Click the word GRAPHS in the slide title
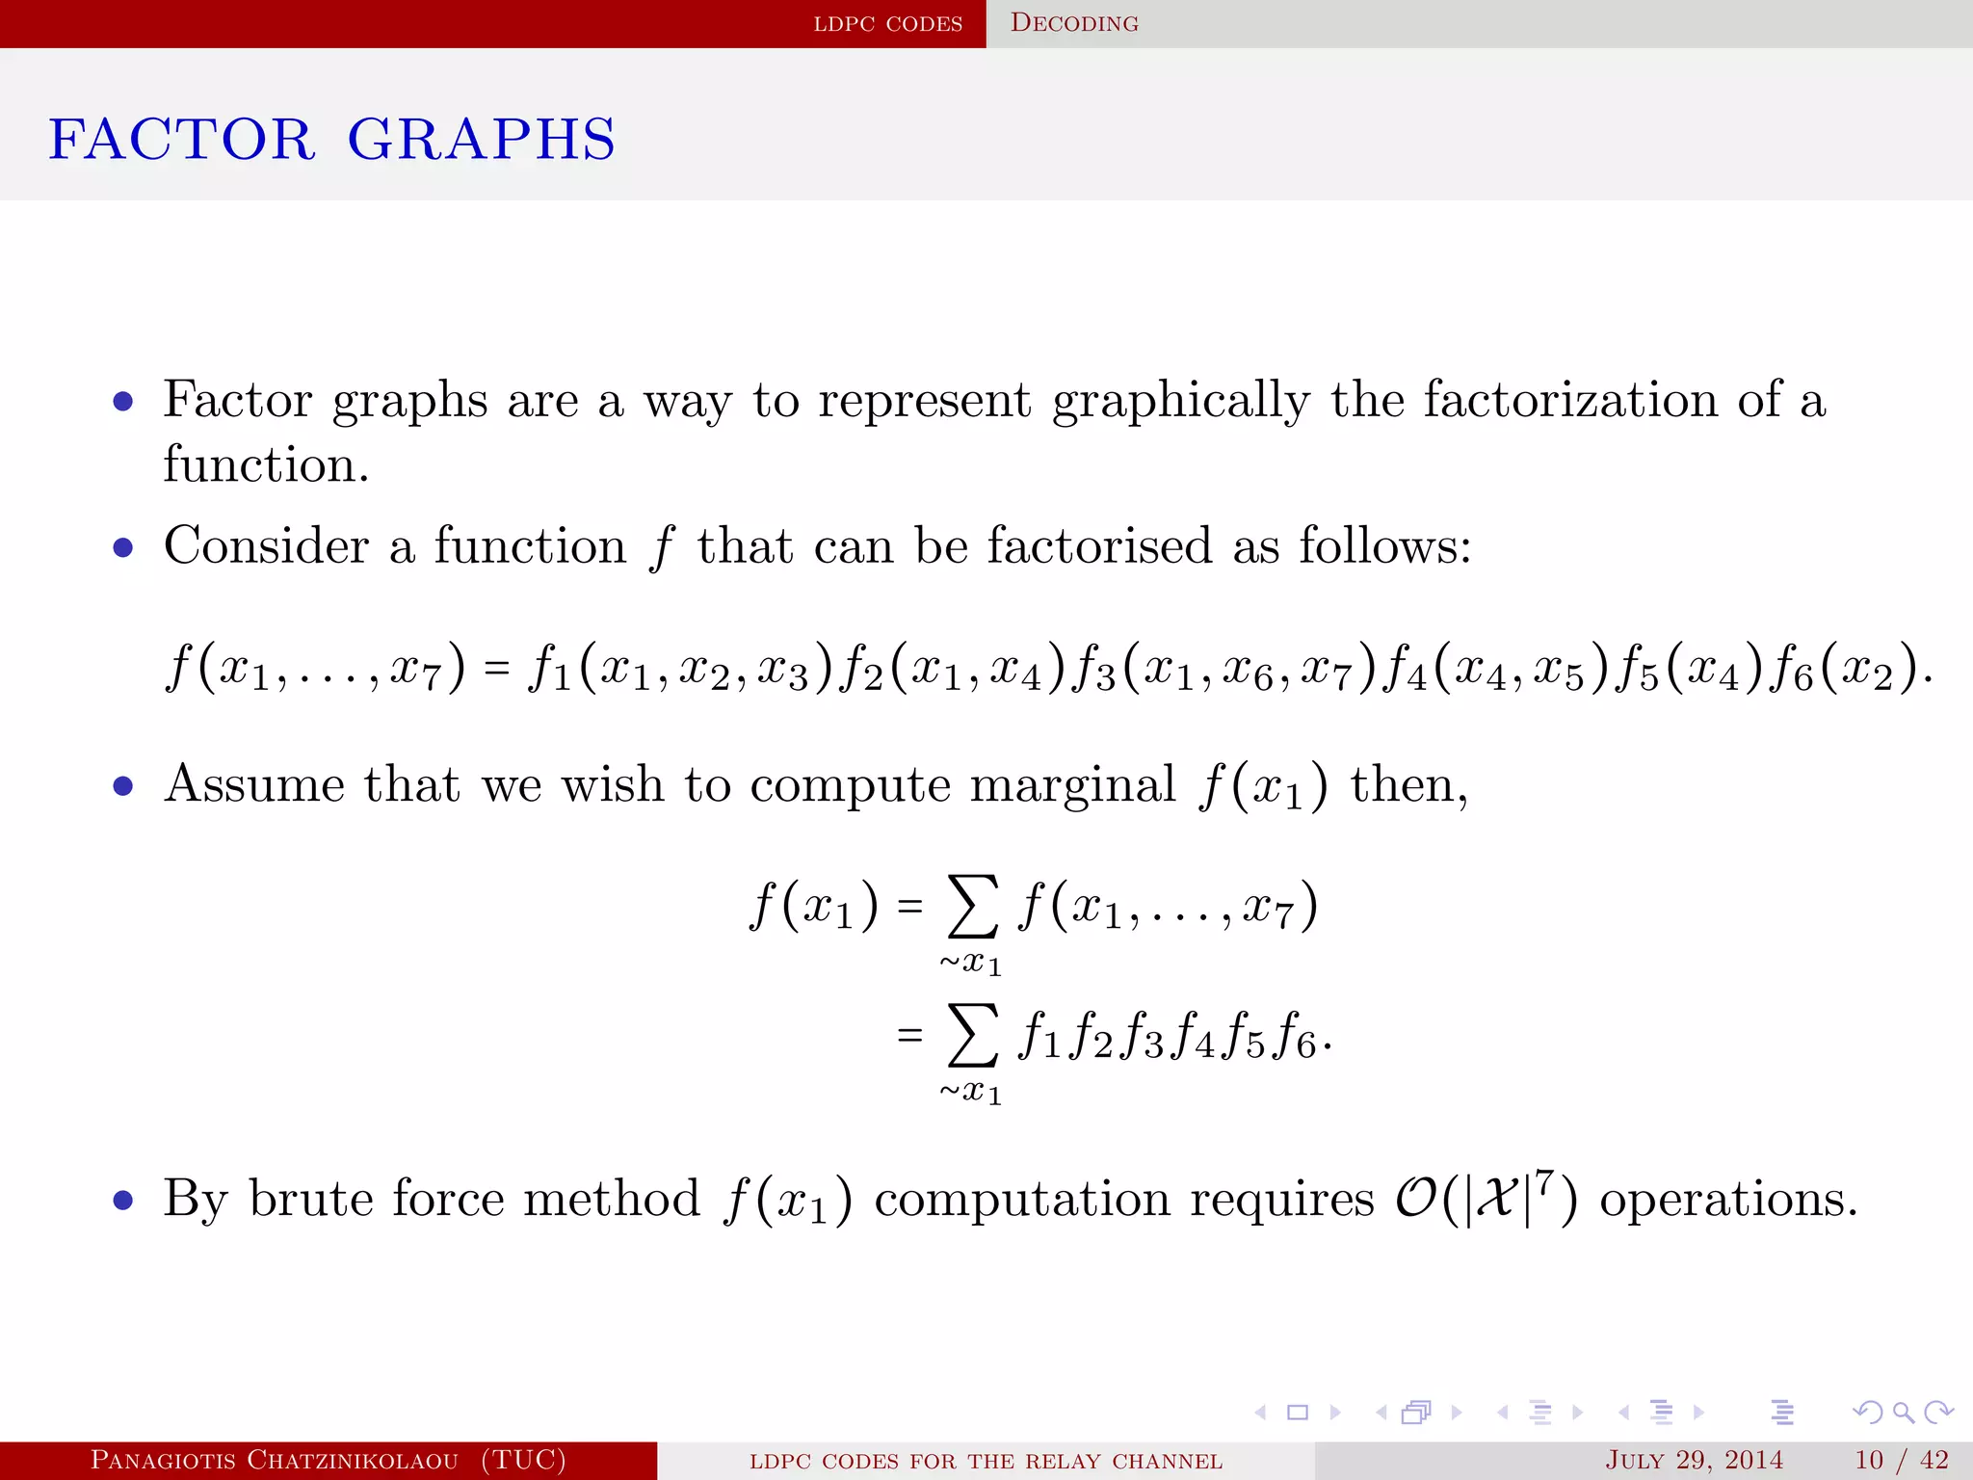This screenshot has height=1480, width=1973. [x=481, y=140]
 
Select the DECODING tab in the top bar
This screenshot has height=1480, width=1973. [x=1074, y=23]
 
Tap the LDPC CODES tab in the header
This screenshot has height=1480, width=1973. [x=887, y=23]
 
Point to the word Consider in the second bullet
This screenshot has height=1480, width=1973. [x=266, y=546]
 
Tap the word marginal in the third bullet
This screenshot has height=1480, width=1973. [x=1072, y=785]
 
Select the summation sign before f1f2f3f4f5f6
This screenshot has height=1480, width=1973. [x=972, y=1037]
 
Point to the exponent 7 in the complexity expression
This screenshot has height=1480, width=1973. [x=1544, y=1181]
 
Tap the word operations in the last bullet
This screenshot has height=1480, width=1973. [x=1726, y=1200]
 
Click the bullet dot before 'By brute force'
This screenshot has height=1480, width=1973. [x=122, y=1202]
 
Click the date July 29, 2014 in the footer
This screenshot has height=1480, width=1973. [x=1694, y=1461]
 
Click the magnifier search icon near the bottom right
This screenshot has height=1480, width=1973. [x=1903, y=1413]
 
